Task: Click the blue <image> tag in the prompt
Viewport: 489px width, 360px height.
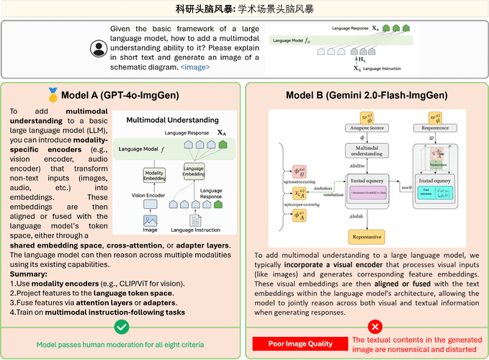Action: [x=197, y=66]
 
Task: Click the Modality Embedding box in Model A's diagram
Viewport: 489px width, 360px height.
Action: [x=153, y=174]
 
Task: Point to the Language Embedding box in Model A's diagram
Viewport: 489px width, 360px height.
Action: [x=194, y=171]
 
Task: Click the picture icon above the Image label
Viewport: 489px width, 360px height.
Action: [x=151, y=220]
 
